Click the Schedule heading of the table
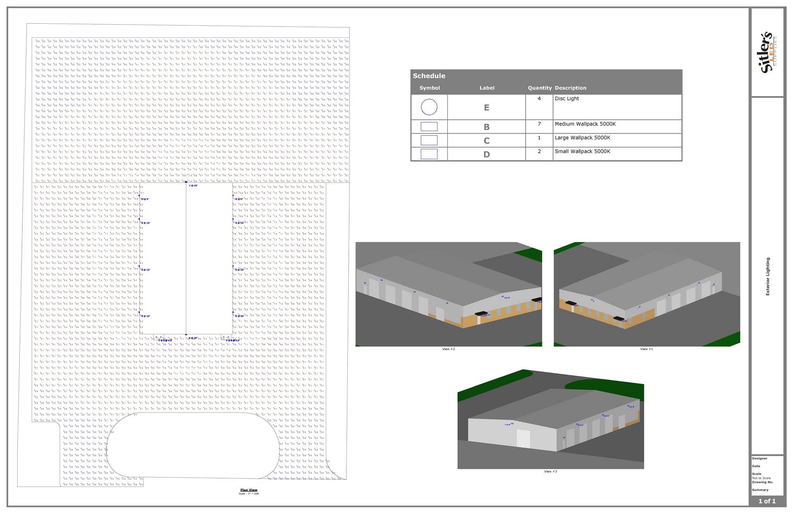429,76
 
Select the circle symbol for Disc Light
429,107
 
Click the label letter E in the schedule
486,108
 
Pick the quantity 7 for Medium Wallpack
539,124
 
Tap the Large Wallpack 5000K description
582,138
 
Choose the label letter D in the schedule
486,154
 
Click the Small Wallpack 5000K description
582,151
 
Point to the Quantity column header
539,88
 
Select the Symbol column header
429,88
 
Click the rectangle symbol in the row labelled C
429,140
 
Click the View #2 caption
448,349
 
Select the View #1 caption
646,349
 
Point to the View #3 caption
550,471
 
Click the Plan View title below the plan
249,490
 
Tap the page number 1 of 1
767,501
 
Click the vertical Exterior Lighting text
768,276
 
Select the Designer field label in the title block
759,458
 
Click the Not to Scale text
761,478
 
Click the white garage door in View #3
523,438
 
